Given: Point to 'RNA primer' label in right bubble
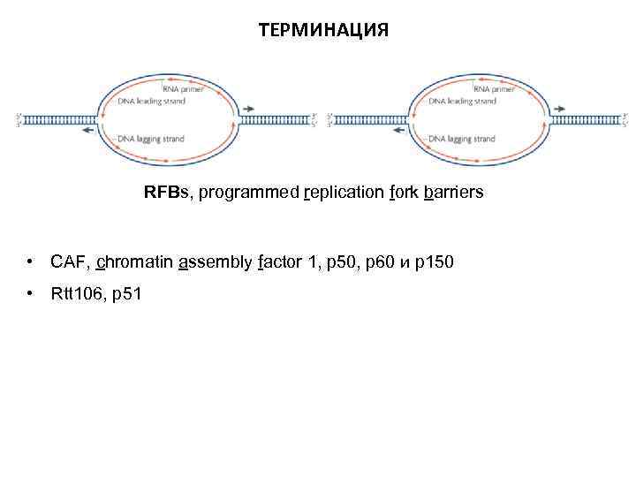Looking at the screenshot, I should (495, 89).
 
